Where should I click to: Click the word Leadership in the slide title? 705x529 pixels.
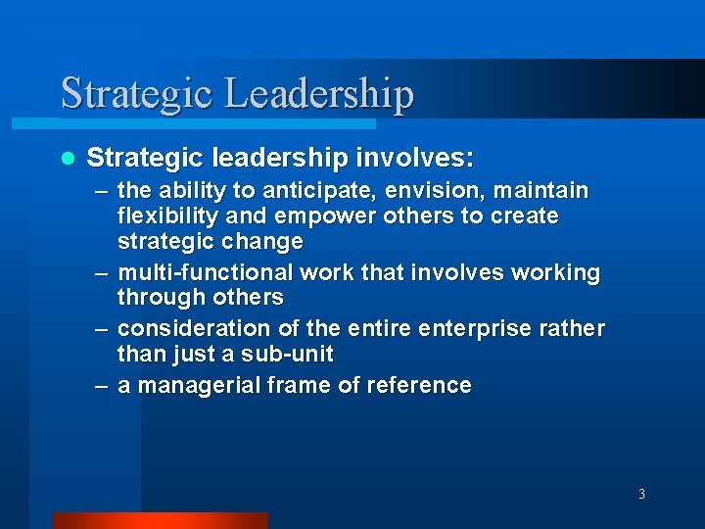click(x=319, y=93)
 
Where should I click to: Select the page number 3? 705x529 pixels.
click(x=641, y=494)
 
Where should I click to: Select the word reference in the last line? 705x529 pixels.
click(x=419, y=385)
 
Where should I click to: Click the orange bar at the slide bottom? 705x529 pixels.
click(x=160, y=520)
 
